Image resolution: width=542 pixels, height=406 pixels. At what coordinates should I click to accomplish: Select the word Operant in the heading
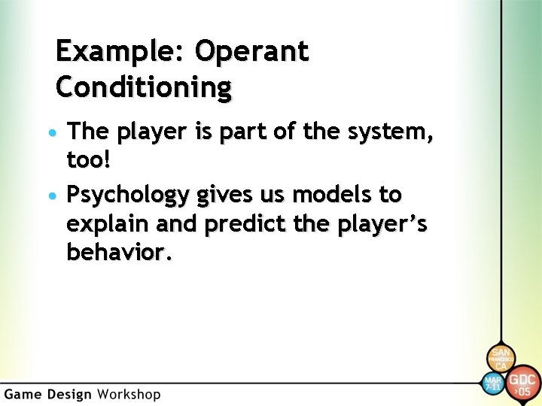point(251,52)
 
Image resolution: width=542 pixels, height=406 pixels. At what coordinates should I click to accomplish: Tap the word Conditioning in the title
point(144,88)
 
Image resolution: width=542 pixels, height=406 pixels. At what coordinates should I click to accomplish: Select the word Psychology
point(129,195)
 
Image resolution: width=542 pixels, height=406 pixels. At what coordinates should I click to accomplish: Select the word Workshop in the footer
point(128,394)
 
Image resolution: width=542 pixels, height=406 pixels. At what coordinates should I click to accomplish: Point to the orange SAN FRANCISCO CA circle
point(501,359)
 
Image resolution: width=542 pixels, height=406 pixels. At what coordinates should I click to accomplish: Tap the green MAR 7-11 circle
point(492,383)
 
